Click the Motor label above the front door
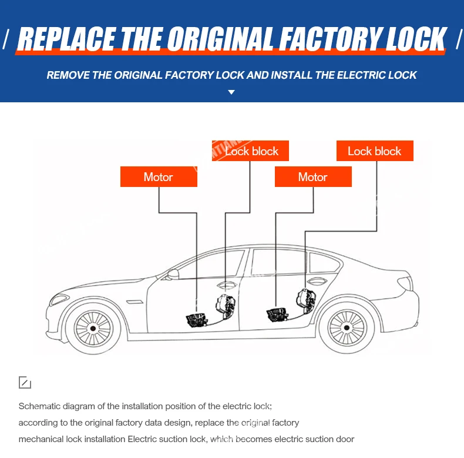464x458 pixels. pos(159,177)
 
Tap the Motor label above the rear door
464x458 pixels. pos(313,177)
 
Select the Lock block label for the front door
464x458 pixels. pos(250,151)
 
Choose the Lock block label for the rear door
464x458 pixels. pos(375,151)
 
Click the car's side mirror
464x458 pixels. pos(173,274)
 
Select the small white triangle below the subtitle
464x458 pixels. pos(231,92)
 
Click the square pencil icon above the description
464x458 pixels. pos(25,383)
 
